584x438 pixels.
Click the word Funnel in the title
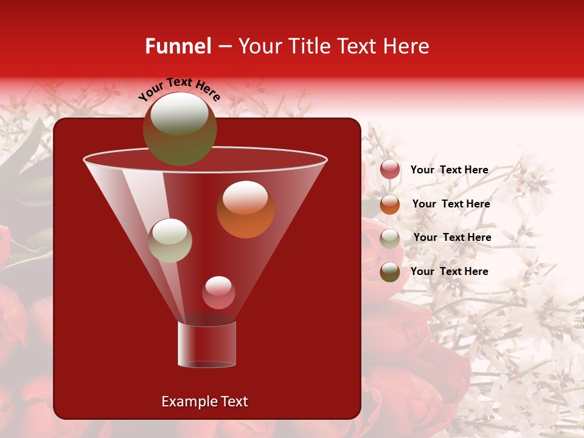click(x=178, y=46)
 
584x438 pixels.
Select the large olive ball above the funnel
click(x=179, y=129)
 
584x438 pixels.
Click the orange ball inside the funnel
click(x=245, y=209)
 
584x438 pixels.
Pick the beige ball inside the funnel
click(x=170, y=240)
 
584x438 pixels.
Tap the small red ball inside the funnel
click(x=218, y=293)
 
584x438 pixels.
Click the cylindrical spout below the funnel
click(x=207, y=344)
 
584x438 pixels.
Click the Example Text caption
click(x=204, y=401)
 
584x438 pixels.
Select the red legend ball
click(x=390, y=170)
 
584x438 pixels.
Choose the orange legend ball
click(x=390, y=204)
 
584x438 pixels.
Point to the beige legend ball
click(x=390, y=238)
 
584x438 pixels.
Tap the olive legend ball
click(x=390, y=272)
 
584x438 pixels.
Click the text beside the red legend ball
click(x=449, y=170)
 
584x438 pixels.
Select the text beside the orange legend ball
click(x=451, y=204)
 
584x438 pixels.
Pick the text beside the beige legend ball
click(x=452, y=238)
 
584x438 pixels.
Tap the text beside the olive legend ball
click(x=449, y=271)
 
